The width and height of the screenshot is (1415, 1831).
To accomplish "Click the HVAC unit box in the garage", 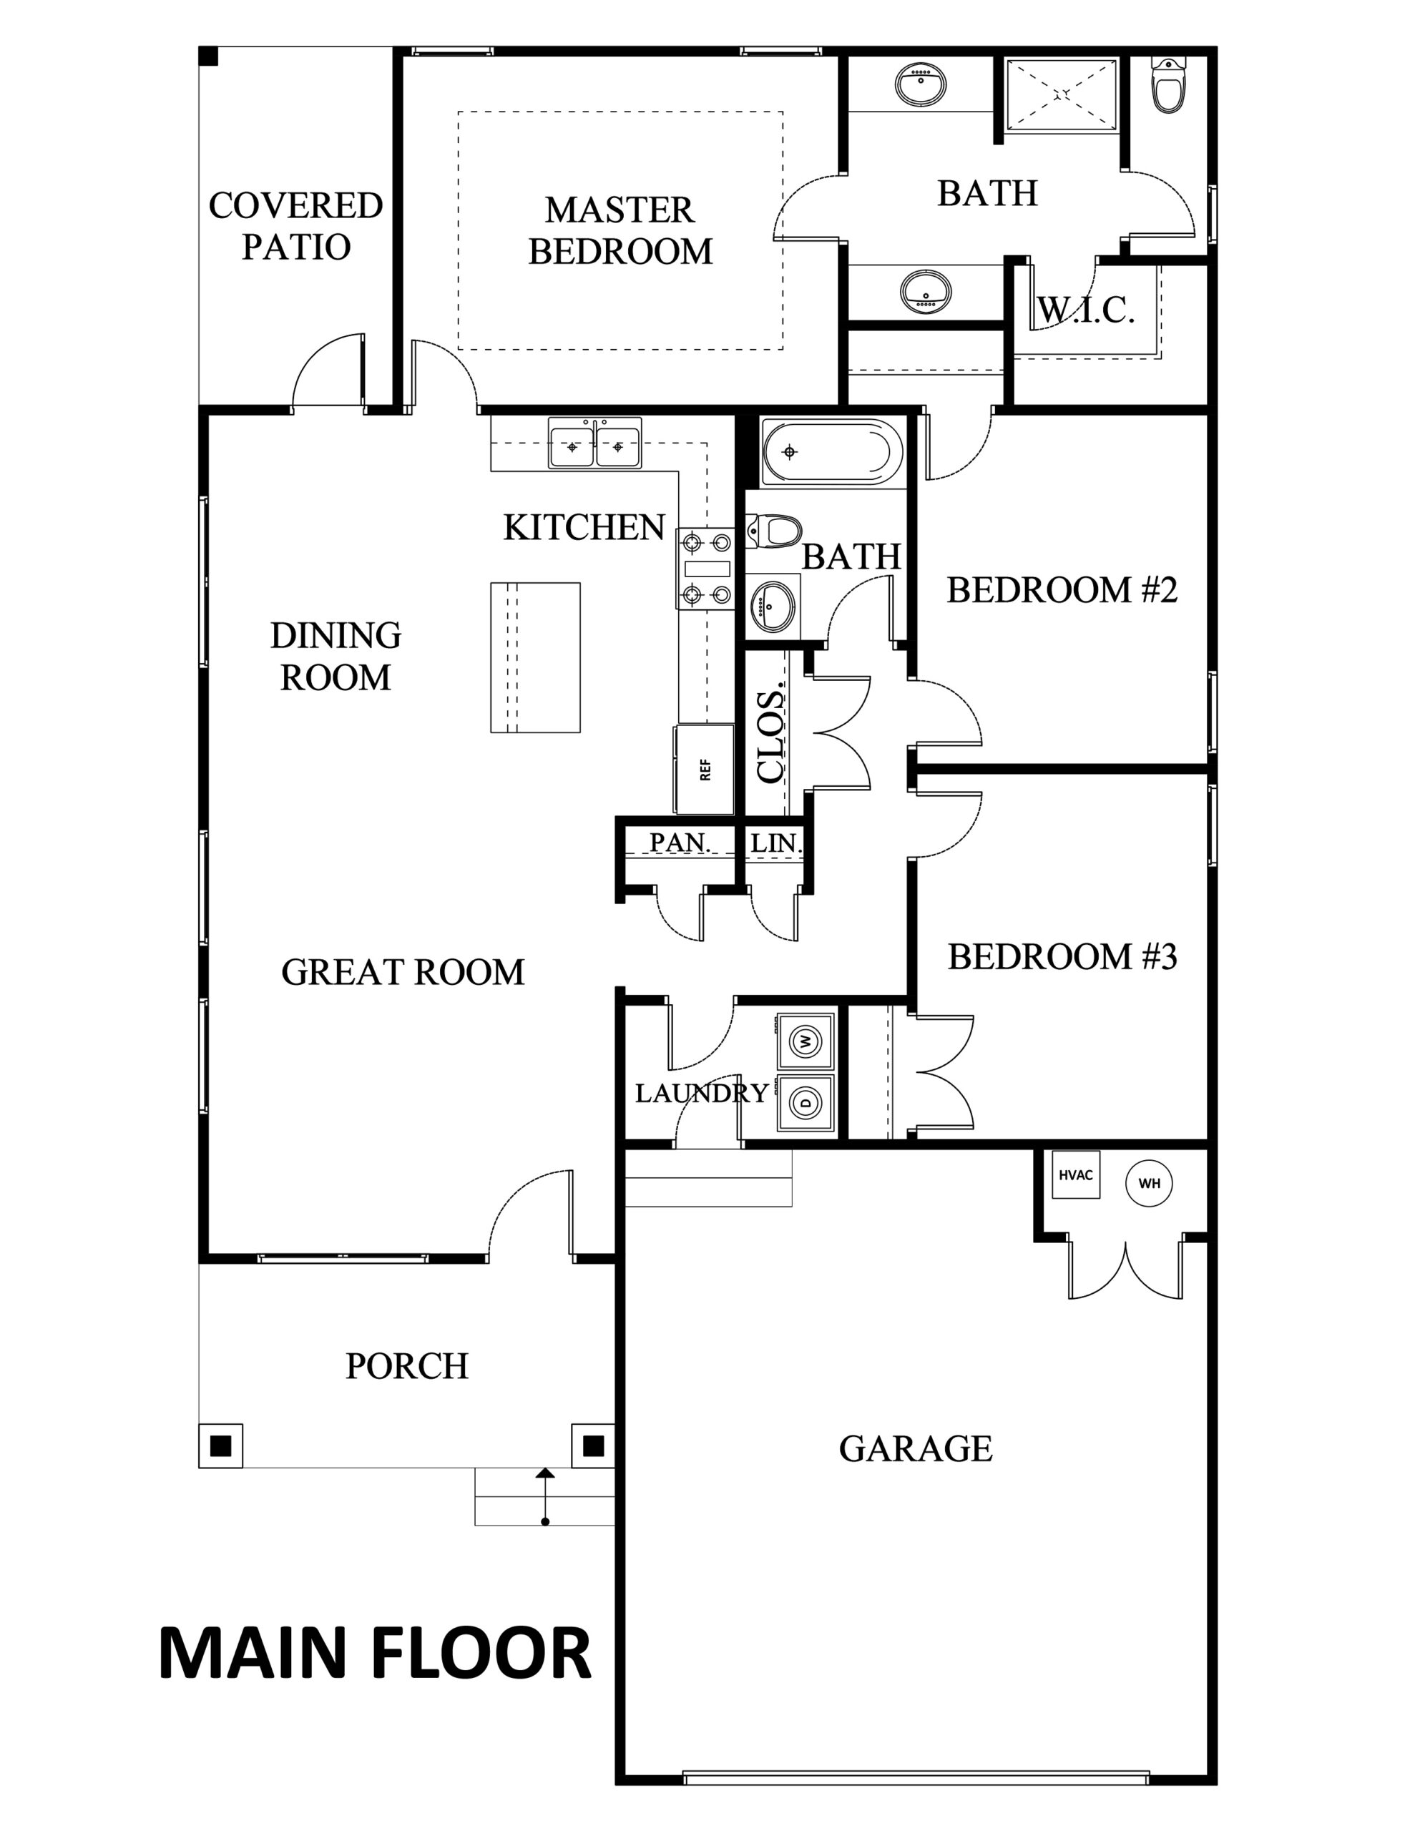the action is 1076,1174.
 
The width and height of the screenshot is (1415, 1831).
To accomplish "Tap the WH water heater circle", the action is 1149,1183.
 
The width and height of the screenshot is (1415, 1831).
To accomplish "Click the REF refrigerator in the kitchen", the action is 704,769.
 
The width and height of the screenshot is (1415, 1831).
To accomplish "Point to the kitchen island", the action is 535,657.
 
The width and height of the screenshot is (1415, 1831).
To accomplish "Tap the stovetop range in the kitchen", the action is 706,569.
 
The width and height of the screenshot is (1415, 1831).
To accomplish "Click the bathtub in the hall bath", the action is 832,452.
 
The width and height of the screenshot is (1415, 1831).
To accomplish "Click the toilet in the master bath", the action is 1167,84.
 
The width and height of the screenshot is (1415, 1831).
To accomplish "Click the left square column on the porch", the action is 220,1445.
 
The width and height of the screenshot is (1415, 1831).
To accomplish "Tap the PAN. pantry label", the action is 680,842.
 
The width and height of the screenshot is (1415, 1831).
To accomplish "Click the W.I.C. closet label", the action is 1086,310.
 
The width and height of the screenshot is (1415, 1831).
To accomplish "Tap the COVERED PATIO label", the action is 296,225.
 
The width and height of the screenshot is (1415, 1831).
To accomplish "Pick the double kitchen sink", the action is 595,443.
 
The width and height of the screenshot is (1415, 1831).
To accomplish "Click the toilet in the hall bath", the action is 773,531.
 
